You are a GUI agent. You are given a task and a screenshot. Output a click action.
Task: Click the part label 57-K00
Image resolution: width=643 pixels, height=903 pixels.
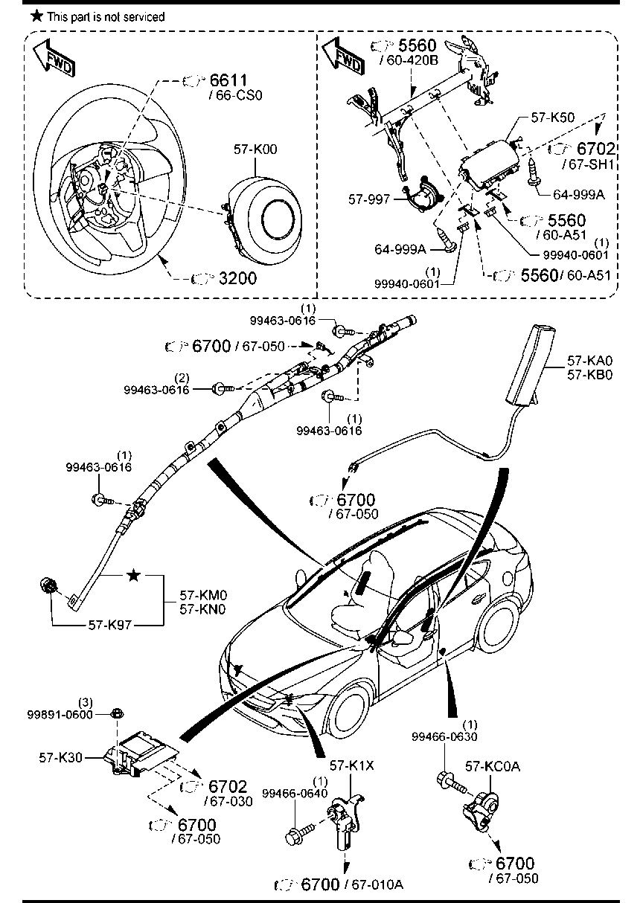pyautogui.click(x=255, y=150)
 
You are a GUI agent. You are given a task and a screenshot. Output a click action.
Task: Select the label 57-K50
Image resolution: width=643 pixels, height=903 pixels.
pyautogui.click(x=553, y=118)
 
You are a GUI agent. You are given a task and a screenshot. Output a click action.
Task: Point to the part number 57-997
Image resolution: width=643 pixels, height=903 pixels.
pyautogui.click(x=369, y=199)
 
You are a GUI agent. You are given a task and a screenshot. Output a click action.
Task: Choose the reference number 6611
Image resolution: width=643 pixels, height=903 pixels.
pyautogui.click(x=228, y=80)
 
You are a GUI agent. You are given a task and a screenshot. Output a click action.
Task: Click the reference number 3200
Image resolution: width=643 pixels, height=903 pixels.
pyautogui.click(x=237, y=278)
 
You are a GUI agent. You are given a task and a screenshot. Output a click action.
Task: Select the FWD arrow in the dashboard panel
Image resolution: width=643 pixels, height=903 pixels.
pyautogui.click(x=343, y=55)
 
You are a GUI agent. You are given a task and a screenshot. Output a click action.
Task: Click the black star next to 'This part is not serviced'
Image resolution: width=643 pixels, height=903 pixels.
pyautogui.click(x=36, y=16)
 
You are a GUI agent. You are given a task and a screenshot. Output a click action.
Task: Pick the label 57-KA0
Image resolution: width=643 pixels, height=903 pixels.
pyautogui.click(x=589, y=360)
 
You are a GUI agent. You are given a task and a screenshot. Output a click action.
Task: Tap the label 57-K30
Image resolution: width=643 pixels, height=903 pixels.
pyautogui.click(x=60, y=757)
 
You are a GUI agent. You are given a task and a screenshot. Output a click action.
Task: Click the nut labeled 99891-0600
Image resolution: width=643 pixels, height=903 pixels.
pyautogui.click(x=117, y=714)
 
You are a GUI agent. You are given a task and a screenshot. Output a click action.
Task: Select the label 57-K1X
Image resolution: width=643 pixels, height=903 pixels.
pyautogui.click(x=352, y=765)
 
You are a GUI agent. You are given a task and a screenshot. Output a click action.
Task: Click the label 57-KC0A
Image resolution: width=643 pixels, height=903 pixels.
pyautogui.click(x=493, y=766)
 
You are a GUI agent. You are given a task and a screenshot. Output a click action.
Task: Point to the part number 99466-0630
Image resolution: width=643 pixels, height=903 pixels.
pyautogui.click(x=444, y=736)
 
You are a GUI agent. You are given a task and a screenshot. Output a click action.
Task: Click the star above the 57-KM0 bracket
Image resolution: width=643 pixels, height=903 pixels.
pyautogui.click(x=133, y=575)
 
